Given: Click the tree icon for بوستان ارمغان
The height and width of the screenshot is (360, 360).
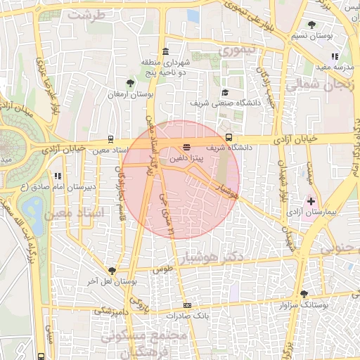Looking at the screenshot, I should (130, 83).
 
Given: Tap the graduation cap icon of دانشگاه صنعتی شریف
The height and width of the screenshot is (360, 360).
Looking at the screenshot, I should (225, 92).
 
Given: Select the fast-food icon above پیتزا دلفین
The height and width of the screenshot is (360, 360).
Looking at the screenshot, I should (186, 148).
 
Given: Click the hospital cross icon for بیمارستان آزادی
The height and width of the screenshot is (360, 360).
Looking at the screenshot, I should (311, 200).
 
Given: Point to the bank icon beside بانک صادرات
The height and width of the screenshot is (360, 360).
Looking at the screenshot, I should (186, 305).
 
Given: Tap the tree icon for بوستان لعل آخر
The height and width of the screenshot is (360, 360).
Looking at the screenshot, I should (112, 271).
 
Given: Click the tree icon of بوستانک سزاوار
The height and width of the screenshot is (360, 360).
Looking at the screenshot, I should (304, 294).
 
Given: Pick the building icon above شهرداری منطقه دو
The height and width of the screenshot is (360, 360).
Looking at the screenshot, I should (165, 51).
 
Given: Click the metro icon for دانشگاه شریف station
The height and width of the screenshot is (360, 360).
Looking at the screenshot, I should (229, 138).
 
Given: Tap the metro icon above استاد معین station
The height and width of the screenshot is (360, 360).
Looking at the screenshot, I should (110, 140).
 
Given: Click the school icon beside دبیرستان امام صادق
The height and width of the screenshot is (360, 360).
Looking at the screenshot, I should (57, 176).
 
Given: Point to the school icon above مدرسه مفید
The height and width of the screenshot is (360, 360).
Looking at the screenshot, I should (335, 56).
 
